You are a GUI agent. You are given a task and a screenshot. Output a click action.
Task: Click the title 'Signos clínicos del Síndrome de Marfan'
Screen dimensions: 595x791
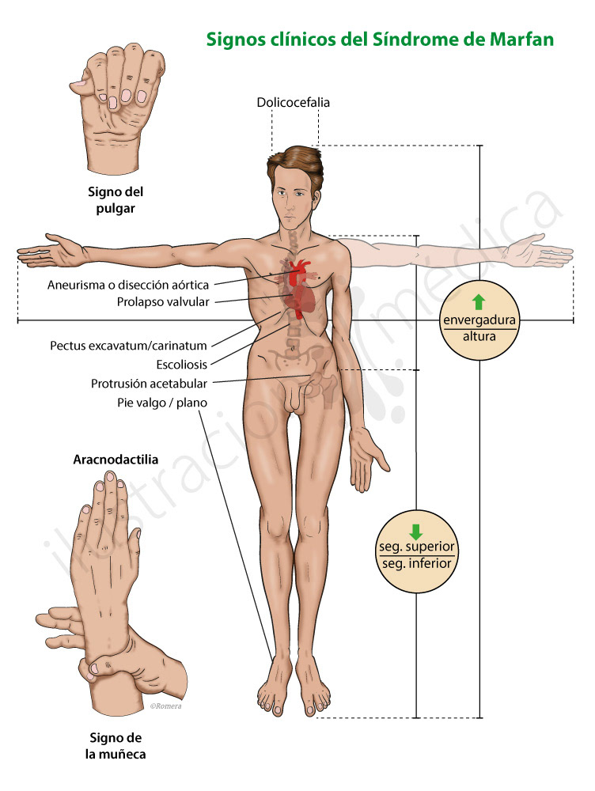tap(380, 39)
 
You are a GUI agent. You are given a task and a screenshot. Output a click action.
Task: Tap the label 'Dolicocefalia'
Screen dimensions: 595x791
tap(293, 102)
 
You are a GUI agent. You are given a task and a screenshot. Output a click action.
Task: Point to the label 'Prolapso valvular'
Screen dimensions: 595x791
tap(162, 301)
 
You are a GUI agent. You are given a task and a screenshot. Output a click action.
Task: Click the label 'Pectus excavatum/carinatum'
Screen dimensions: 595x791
tap(128, 346)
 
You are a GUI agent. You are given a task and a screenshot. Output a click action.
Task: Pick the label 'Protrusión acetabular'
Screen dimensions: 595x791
tap(149, 384)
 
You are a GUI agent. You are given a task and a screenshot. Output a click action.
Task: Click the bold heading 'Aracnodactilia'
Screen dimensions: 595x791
tap(116, 459)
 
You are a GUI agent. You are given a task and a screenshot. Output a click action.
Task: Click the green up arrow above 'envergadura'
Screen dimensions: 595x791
tap(478, 301)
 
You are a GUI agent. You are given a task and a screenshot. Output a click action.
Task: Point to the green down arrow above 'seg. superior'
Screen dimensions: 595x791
tap(415, 532)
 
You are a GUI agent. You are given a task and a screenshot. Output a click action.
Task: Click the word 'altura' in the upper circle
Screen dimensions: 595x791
tap(479, 336)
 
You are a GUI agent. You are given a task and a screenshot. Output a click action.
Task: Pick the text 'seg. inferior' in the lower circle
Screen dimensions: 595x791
tap(415, 563)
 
